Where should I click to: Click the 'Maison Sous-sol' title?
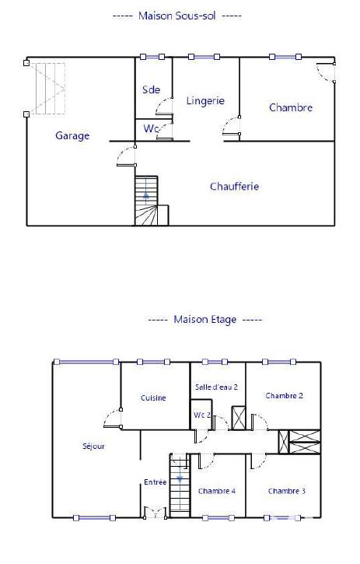(x=177, y=16)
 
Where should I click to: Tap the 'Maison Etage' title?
(x=205, y=319)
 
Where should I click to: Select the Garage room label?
(x=72, y=135)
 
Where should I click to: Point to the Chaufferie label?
(x=234, y=187)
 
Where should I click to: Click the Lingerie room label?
(x=205, y=100)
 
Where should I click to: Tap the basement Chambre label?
(x=291, y=107)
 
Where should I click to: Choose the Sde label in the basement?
(x=151, y=89)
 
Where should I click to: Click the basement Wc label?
(x=150, y=128)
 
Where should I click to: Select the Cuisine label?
(x=153, y=398)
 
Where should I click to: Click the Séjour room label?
(x=93, y=447)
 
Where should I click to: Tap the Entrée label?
(x=155, y=482)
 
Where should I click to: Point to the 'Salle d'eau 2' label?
(x=216, y=387)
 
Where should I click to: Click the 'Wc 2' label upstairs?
(x=202, y=415)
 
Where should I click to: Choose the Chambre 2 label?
(x=284, y=395)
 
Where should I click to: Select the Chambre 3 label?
(x=287, y=491)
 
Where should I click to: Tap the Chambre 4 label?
(x=217, y=491)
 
